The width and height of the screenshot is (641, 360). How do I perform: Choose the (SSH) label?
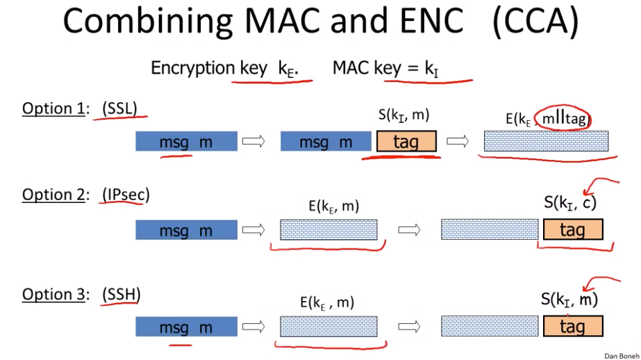pos(121,294)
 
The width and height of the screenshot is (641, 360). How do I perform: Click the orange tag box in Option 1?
pos(406,142)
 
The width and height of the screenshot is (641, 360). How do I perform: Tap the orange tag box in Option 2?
pos(572,230)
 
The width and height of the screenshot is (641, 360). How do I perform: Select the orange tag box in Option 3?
pos(572,327)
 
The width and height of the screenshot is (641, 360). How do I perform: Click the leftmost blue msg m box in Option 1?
pos(186,142)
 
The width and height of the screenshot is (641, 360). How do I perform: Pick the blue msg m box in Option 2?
pos(186,230)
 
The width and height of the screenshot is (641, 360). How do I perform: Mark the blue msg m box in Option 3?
pos(186,327)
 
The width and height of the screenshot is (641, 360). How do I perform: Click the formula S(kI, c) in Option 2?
pos(570,203)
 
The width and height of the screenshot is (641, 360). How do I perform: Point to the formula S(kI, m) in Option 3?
pos(569,300)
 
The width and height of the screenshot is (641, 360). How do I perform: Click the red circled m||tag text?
pos(565,120)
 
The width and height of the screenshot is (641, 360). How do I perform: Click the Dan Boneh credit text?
pos(620,355)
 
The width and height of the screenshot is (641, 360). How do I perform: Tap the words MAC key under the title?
pos(363,68)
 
